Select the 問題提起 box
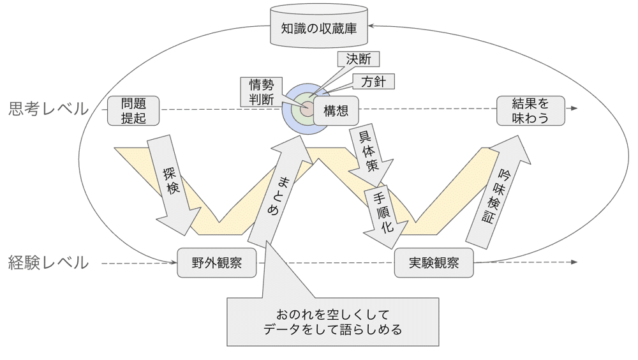point(133,110)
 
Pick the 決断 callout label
point(358,59)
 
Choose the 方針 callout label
point(373,82)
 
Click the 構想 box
point(336,110)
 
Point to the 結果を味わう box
point(531,110)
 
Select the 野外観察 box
point(217,263)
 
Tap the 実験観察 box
point(434,263)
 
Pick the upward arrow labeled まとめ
point(276,191)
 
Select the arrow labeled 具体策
point(368,153)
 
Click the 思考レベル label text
point(48,109)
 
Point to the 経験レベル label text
point(48,262)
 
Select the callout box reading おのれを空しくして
point(332,322)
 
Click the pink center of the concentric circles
point(305,109)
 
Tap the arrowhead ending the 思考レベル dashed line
point(574,109)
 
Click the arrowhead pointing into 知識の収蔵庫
point(373,27)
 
